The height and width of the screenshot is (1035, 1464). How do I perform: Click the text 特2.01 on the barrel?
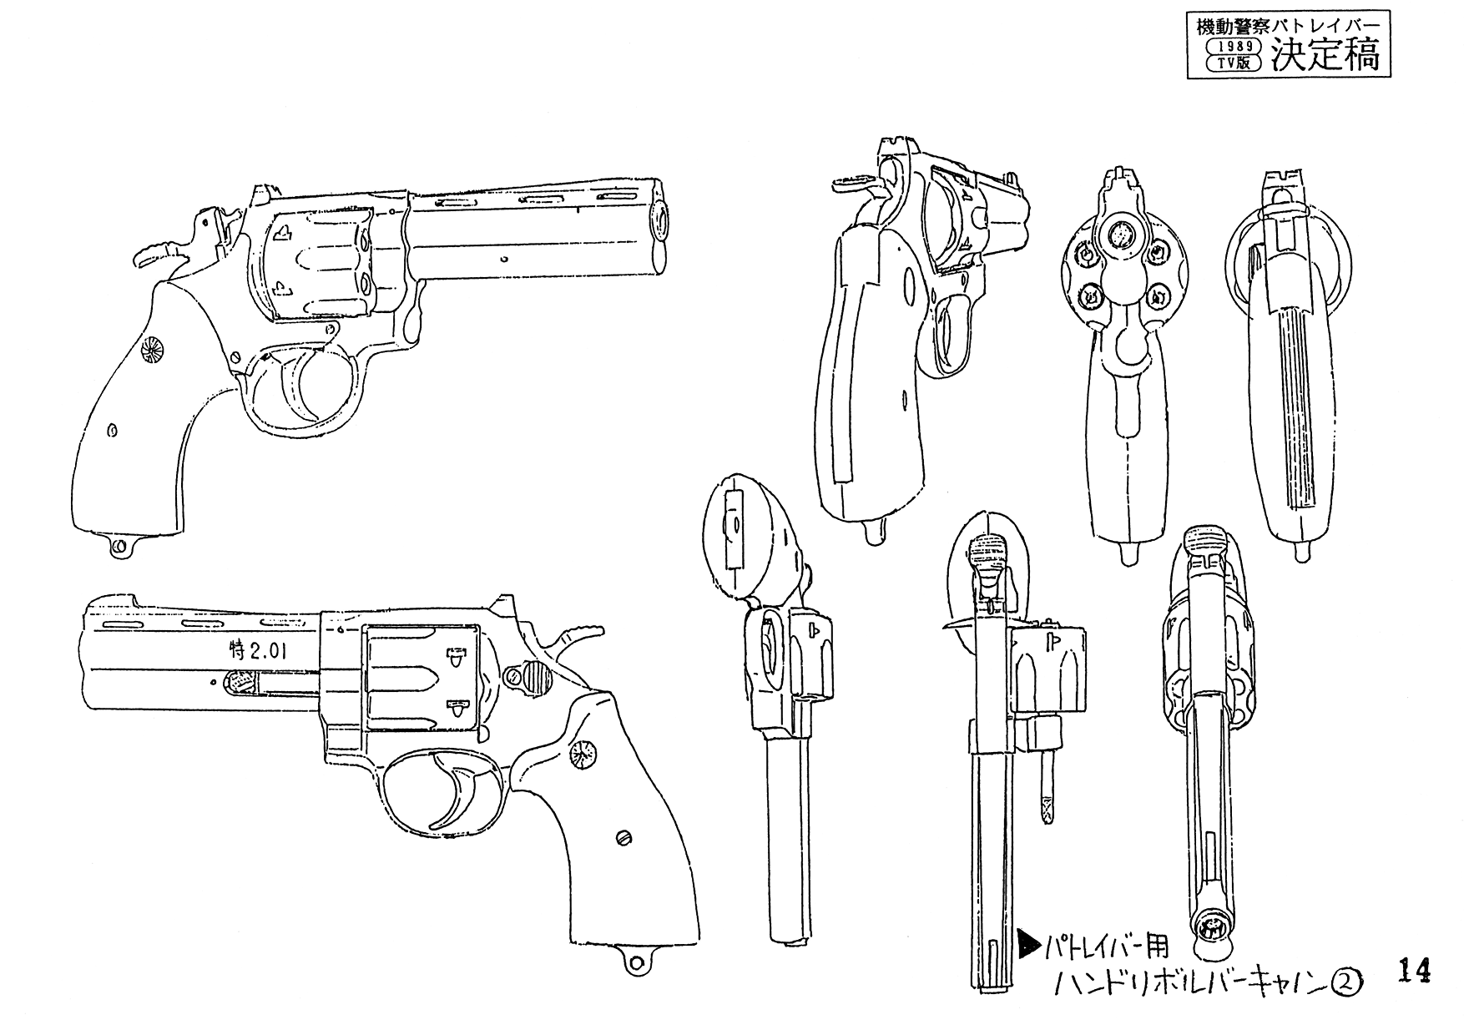coord(257,651)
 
